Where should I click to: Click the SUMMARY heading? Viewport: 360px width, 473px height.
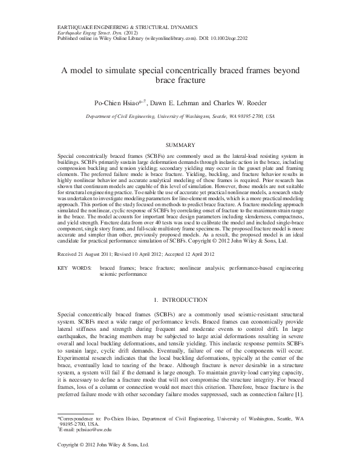[180, 145]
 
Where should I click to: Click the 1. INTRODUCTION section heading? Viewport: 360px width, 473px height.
[180, 299]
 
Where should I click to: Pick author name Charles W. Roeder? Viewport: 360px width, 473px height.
[238, 102]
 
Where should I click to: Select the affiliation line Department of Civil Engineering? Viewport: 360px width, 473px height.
[125, 115]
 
